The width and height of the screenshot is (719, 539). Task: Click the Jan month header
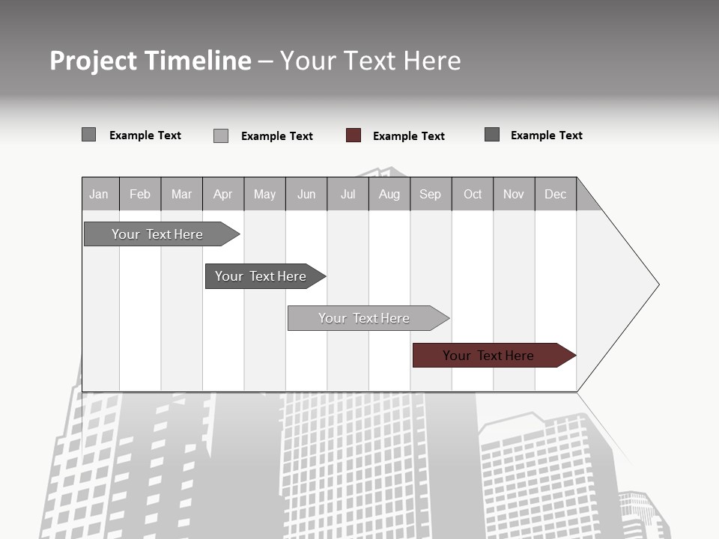99,194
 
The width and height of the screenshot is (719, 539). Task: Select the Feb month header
140,194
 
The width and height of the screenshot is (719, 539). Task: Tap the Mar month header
181,194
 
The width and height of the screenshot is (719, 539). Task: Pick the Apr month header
222,194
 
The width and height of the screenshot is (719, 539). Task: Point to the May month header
264,194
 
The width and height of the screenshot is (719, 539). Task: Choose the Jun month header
306,194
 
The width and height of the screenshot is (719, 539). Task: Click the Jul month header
348,194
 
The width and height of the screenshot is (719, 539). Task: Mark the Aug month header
389,194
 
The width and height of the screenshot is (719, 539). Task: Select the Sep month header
430,194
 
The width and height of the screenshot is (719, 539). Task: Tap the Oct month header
473,194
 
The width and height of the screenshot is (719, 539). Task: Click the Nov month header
514,194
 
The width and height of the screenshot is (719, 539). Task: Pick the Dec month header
555,194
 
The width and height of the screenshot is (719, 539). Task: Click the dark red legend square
354,135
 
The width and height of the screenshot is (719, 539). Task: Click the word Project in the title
94,61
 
